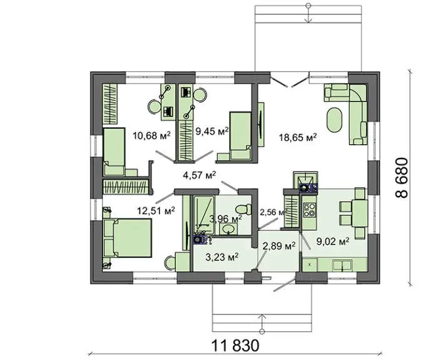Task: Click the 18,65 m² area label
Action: [x=298, y=138]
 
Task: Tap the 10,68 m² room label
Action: [x=151, y=136]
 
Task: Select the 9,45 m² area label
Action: [x=212, y=131]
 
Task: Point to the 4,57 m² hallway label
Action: [x=200, y=175]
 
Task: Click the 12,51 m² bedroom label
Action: [x=156, y=210]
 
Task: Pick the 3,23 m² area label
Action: [x=222, y=257]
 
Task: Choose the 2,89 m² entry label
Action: [x=279, y=246]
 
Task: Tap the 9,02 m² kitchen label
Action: [x=333, y=241]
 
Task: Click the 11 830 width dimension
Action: [x=235, y=346]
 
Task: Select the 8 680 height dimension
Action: [x=402, y=178]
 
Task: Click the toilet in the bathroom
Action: [x=243, y=209]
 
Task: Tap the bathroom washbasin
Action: [x=229, y=229]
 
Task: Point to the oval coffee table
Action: [x=335, y=120]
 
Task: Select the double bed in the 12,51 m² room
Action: [x=128, y=238]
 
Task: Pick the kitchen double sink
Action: [x=342, y=265]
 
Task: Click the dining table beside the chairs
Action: [x=360, y=213]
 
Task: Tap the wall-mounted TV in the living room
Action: [x=260, y=125]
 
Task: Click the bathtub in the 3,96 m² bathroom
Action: [x=204, y=215]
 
